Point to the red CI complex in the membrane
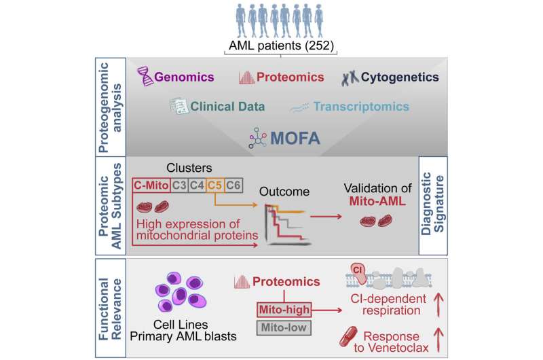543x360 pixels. pos(360,272)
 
